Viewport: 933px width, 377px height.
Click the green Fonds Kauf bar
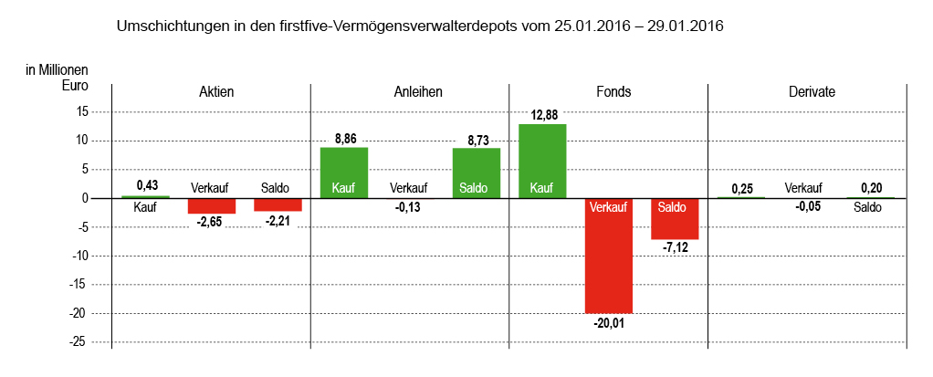point(542,161)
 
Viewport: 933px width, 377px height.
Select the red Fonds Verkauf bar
point(609,256)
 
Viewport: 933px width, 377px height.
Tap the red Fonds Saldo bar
point(675,219)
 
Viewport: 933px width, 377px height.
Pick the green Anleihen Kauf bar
point(344,173)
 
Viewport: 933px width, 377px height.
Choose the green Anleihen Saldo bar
point(477,173)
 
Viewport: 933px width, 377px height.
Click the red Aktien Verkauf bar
point(212,205)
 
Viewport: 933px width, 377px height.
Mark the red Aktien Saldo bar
point(278,204)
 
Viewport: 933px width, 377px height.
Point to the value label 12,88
point(542,115)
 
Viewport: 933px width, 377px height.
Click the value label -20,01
point(609,322)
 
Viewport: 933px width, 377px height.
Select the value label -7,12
point(675,248)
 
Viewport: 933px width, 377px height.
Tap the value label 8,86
point(344,139)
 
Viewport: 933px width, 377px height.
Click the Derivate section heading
point(812,92)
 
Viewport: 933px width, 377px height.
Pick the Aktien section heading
point(216,92)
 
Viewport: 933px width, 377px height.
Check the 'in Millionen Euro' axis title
point(57,77)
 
